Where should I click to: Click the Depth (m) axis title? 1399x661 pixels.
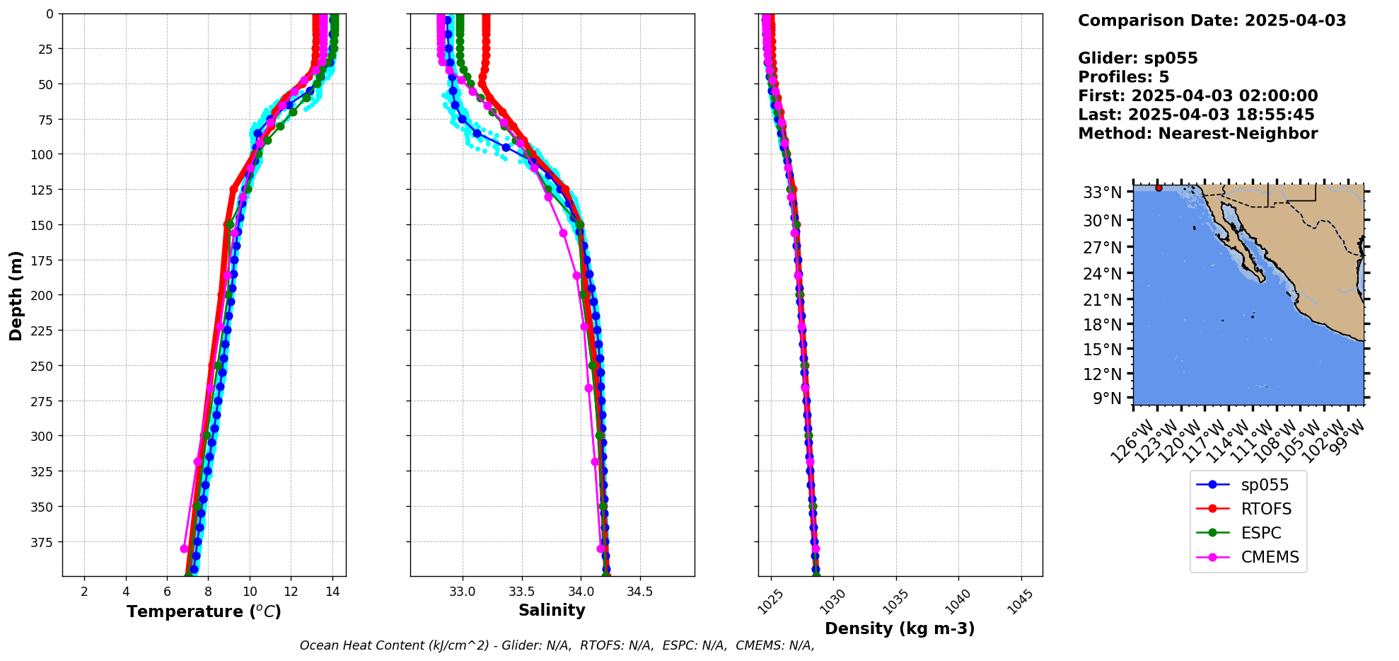coord(16,295)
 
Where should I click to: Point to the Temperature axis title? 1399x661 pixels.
coord(204,611)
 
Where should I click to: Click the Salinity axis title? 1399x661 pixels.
coord(552,610)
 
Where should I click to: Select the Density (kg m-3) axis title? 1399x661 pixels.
coord(900,628)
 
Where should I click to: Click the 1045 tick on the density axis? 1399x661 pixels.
coord(1020,602)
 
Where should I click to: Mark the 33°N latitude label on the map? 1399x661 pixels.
coord(1102,192)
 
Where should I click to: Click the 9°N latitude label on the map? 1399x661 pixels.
coord(1107,398)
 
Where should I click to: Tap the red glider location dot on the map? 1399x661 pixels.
coord(1159,188)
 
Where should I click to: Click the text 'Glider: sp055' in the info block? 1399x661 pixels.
coord(1137,58)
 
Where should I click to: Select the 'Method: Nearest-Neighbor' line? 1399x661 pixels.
coord(1197,134)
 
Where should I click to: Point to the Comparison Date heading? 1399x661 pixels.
coord(1212,21)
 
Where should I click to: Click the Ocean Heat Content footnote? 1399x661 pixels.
coord(557,645)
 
